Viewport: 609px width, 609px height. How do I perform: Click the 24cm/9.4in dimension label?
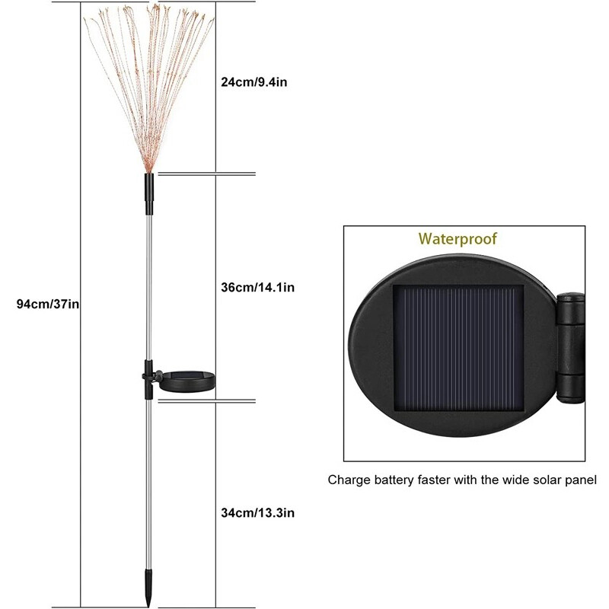pos(253,81)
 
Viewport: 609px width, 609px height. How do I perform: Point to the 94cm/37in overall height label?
pos(49,304)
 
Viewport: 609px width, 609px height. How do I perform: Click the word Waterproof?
pos(457,239)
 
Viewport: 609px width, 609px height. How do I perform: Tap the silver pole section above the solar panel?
pos(148,289)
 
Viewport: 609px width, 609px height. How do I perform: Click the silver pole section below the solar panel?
pos(148,487)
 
